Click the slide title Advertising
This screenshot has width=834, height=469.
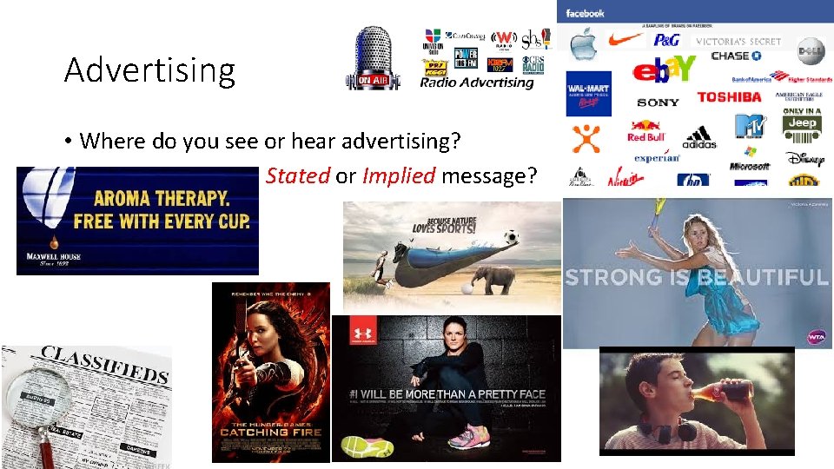click(x=149, y=70)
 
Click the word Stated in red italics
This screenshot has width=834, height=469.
click(x=297, y=176)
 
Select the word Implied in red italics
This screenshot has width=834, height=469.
click(x=398, y=176)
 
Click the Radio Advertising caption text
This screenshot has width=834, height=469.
click(x=476, y=83)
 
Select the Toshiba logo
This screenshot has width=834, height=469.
click(x=728, y=97)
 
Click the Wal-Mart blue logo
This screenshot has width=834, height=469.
click(x=588, y=93)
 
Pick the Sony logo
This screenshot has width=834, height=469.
click(x=658, y=102)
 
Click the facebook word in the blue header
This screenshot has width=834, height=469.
click(x=585, y=13)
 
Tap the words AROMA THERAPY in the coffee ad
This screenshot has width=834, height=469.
click(x=162, y=198)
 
